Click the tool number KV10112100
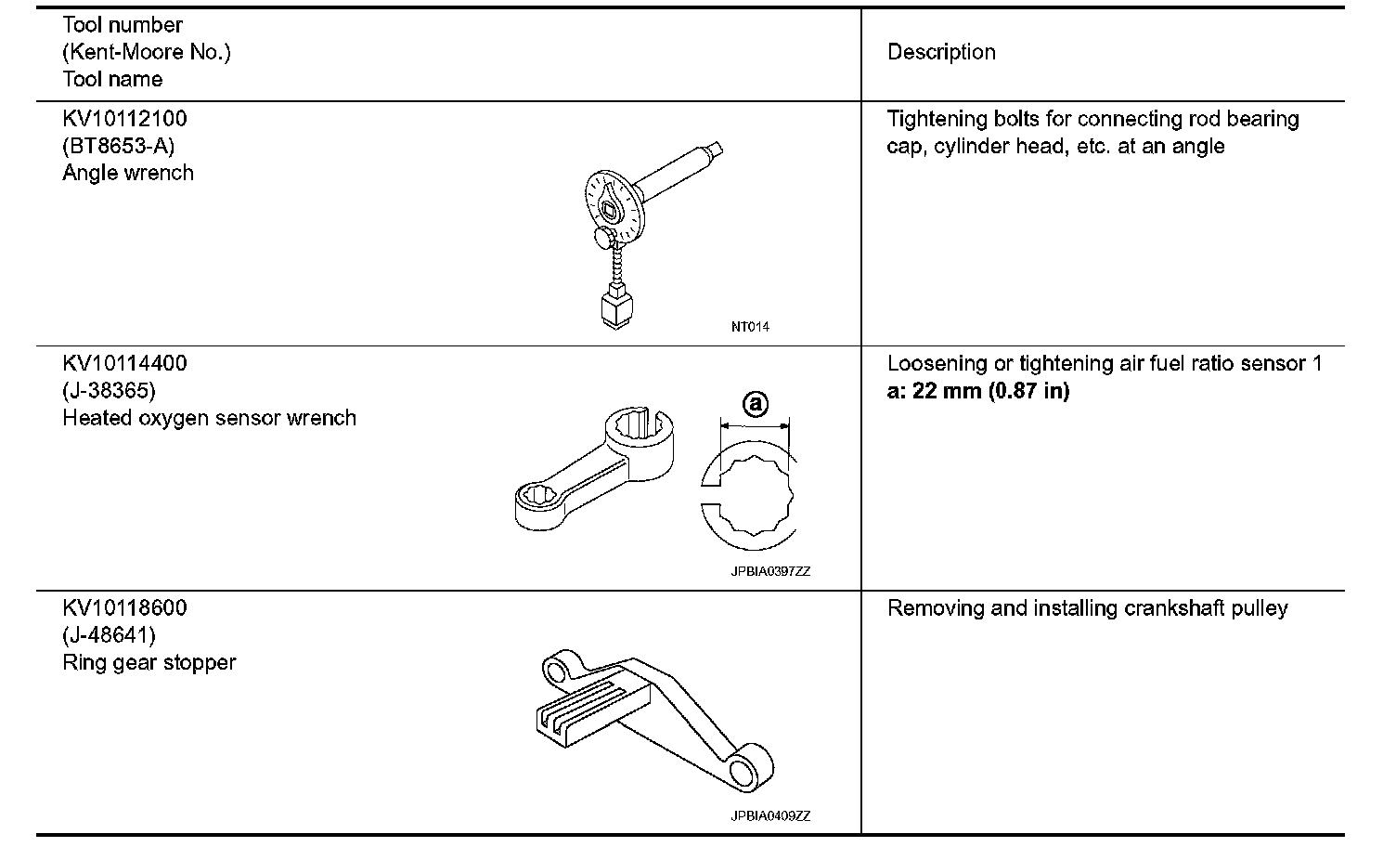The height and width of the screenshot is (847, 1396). [x=124, y=119]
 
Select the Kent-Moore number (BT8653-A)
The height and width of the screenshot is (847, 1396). [x=119, y=146]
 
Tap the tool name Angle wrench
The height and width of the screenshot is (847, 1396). [x=128, y=173]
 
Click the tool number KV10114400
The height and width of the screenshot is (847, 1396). [x=124, y=363]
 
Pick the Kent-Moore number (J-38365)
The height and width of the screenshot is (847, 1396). [x=109, y=391]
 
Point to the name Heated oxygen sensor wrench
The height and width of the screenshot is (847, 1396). [x=209, y=418]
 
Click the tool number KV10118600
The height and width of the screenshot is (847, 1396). [x=124, y=608]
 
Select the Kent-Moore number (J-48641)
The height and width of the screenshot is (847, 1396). [x=109, y=635]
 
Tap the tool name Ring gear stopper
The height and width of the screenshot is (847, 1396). [x=149, y=662]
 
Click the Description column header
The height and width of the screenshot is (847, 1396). [x=941, y=52]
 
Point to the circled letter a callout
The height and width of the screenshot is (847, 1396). [x=755, y=404]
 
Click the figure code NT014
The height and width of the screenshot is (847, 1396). [x=749, y=327]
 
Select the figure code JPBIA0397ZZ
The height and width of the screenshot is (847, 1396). [x=769, y=572]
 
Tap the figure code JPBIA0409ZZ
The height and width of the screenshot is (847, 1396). [x=769, y=816]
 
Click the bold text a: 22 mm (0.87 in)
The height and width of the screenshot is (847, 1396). [x=978, y=391]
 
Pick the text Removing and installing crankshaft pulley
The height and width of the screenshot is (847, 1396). [x=1087, y=608]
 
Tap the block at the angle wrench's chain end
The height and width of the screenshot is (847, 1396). [x=615, y=307]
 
